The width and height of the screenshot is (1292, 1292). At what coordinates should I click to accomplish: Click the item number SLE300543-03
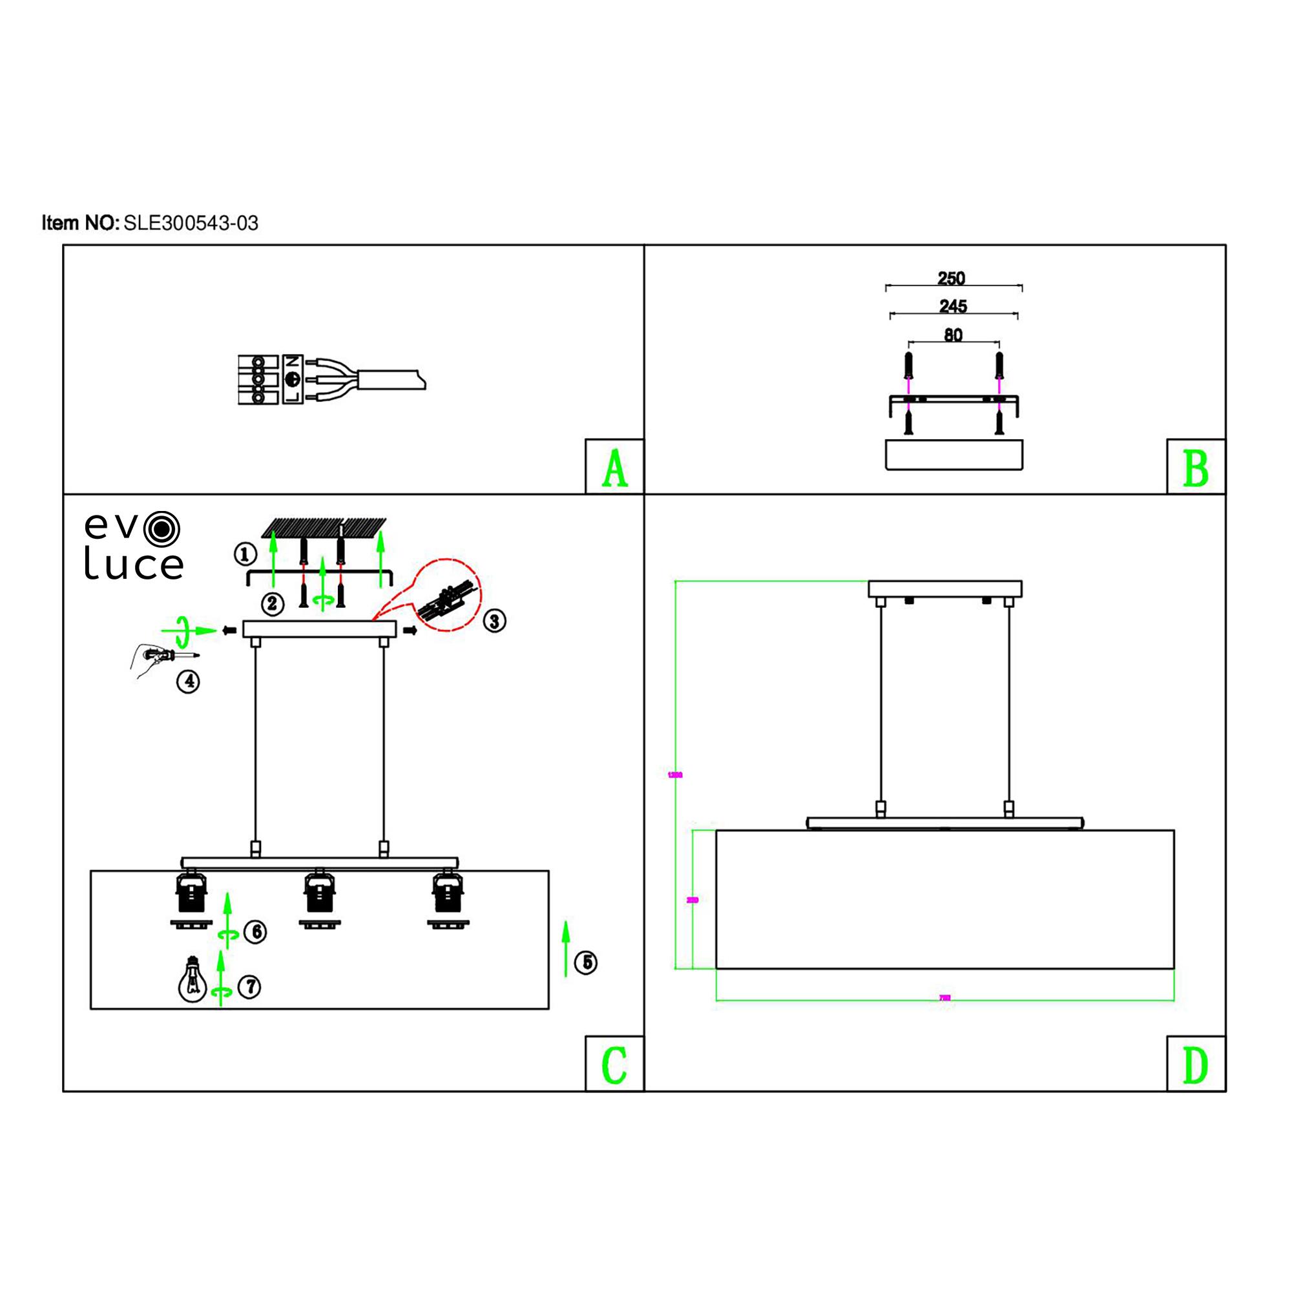pos(191,223)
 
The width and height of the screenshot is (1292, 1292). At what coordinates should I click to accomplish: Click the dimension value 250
pos(951,278)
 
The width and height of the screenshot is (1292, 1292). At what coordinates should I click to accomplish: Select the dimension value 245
pos(953,306)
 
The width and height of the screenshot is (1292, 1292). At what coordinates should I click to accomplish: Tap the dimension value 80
pos(953,335)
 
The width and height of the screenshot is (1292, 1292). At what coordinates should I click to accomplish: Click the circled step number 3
pos(494,621)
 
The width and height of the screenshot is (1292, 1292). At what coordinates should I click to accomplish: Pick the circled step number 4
pos(189,682)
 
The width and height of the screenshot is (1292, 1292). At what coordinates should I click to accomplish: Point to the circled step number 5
pos(586,963)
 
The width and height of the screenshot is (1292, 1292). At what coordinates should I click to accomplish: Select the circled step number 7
pos(249,986)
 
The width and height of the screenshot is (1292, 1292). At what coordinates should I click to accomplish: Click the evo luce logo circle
pos(161,529)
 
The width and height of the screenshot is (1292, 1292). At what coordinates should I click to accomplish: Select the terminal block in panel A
pos(258,380)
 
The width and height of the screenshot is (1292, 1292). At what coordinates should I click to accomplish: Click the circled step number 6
pos(255,932)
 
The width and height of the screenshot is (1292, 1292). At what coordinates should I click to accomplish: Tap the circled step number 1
pos(245,554)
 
